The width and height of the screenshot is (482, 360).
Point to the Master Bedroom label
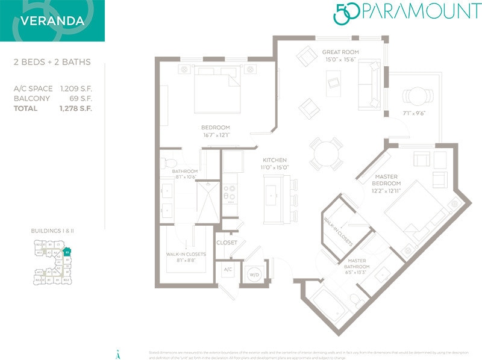(386, 179)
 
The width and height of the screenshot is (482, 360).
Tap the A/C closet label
(228, 270)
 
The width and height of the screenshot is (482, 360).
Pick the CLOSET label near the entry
(227, 243)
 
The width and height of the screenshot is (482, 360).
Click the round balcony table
(418, 96)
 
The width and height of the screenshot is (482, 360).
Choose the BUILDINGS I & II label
(52, 231)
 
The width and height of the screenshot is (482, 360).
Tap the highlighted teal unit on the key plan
(67, 251)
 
